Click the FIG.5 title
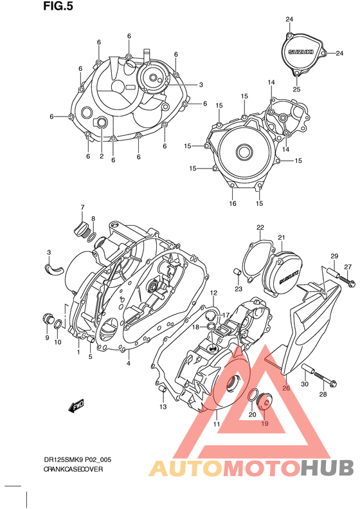click(x=57, y=7)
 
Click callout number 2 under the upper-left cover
click(x=101, y=156)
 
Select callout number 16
click(x=233, y=203)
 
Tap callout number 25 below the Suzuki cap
click(x=297, y=89)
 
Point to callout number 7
click(x=82, y=207)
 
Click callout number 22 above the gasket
click(x=260, y=227)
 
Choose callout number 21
click(x=281, y=238)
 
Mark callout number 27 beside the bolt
click(x=347, y=267)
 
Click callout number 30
click(x=305, y=384)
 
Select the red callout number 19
click(x=264, y=424)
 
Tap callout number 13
click(x=163, y=407)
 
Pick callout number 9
click(x=47, y=338)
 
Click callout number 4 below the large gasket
click(x=128, y=364)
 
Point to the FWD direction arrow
click(x=78, y=406)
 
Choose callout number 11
click(x=217, y=424)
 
